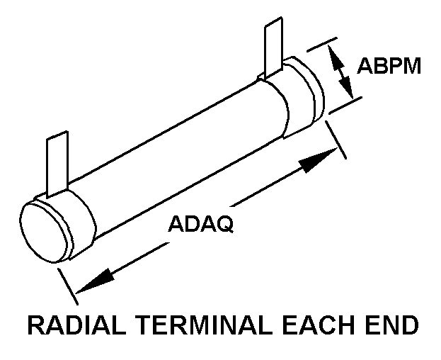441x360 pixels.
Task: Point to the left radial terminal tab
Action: coord(55,164)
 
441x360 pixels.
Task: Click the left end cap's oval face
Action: coord(43,231)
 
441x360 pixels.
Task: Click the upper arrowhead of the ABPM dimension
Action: coord(339,57)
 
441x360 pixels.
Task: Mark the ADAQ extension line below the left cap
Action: coord(67,280)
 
